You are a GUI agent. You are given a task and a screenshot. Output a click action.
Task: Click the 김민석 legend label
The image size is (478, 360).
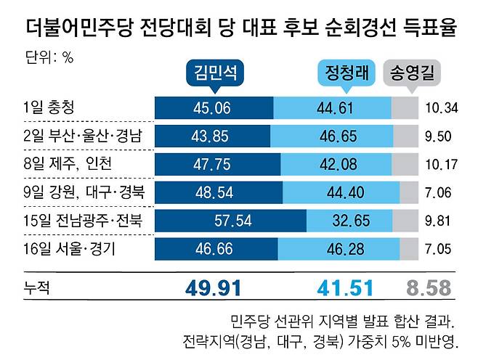pos(215,73)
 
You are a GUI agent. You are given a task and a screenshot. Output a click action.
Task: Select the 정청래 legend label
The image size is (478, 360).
pos(347,73)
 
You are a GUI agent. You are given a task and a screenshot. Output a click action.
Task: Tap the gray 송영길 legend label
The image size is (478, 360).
pos(412,73)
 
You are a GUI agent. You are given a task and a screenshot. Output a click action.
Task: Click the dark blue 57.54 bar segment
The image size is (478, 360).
pos(231,221)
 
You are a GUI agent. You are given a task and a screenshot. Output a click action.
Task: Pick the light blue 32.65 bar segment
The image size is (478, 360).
pos(349,221)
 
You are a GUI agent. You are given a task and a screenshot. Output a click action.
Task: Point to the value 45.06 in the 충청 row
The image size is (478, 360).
pos(212,108)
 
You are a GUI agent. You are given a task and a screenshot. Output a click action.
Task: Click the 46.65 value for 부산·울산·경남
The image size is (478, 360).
pos(338,136)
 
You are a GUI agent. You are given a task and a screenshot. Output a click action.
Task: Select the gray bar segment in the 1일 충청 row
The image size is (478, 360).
pos(405,108)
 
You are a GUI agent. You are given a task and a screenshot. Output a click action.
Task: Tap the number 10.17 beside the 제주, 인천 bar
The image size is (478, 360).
pos(442,165)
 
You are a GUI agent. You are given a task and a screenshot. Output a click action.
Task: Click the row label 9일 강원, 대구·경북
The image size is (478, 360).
pos(84,192)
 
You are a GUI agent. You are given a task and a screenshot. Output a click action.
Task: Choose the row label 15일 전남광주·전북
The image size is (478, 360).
pos(83,221)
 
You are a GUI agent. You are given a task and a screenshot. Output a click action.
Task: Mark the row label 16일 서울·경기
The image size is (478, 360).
pos(70,249)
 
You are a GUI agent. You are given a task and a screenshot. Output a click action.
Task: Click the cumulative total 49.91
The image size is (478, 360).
pos(213,288)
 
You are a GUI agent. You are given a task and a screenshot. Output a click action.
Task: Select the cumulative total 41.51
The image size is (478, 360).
pos(345,288)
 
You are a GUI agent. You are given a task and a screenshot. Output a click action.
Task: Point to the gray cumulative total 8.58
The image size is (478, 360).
pos(429,288)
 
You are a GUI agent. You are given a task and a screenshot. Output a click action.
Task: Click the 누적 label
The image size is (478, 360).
pos(36,287)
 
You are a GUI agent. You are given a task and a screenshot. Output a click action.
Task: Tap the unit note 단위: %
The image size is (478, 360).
pos(49,57)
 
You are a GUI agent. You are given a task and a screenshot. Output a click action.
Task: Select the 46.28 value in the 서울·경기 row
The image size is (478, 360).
pos(345,249)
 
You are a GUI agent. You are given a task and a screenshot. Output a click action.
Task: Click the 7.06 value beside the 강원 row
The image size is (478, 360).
pos(438,192)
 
